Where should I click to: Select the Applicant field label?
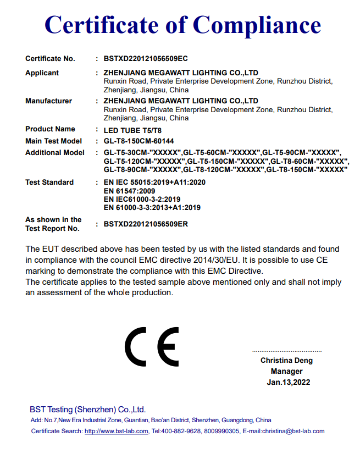click(42, 73)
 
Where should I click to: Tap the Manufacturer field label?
click(48, 101)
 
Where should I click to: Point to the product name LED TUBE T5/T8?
click(132, 130)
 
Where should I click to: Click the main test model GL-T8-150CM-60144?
click(139, 141)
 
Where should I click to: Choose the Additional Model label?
click(55, 153)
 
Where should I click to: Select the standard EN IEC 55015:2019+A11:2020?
click(154, 183)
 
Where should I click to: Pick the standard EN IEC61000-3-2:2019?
click(142, 200)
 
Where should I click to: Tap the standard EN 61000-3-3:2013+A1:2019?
click(152, 208)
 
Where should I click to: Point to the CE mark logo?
click(152, 347)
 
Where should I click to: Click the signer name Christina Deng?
click(286, 361)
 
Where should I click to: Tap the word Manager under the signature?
click(286, 372)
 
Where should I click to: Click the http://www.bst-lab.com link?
click(116, 432)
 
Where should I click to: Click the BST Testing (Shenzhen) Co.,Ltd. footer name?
click(87, 410)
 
